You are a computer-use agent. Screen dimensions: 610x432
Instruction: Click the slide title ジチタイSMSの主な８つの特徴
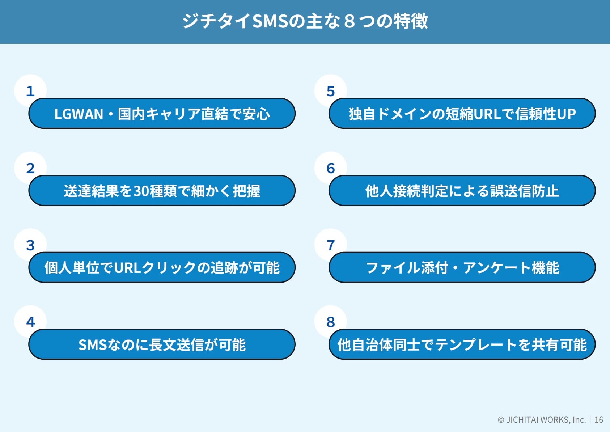point(305,21)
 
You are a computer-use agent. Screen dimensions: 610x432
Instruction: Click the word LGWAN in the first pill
point(79,114)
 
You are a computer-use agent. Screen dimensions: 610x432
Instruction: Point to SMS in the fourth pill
point(93,345)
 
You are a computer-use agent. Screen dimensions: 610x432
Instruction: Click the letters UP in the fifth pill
point(567,114)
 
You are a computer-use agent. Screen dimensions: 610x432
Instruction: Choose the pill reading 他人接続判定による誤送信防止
point(462,190)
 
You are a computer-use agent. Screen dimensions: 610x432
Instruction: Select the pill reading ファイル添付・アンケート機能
point(462,267)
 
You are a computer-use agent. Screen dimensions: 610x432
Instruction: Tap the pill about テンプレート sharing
point(462,344)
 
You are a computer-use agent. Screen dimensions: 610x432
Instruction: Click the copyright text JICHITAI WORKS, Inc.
point(546,420)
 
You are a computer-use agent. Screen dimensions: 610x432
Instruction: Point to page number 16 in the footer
point(598,420)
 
